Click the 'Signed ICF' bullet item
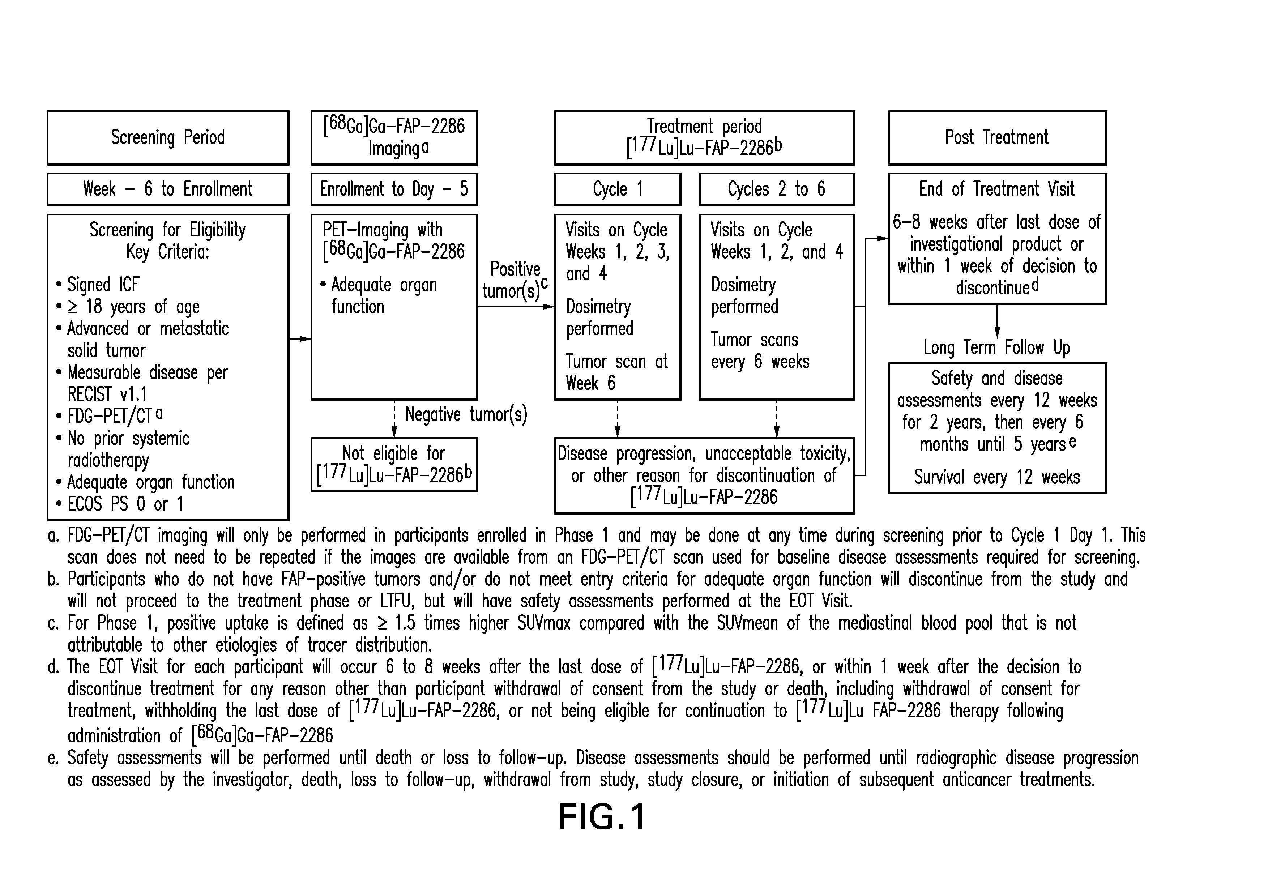98,285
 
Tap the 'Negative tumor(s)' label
466,415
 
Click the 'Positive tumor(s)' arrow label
515,281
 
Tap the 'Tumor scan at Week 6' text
616,373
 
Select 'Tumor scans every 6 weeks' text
760,351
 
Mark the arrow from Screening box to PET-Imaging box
300,339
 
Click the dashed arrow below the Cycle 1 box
618,419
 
